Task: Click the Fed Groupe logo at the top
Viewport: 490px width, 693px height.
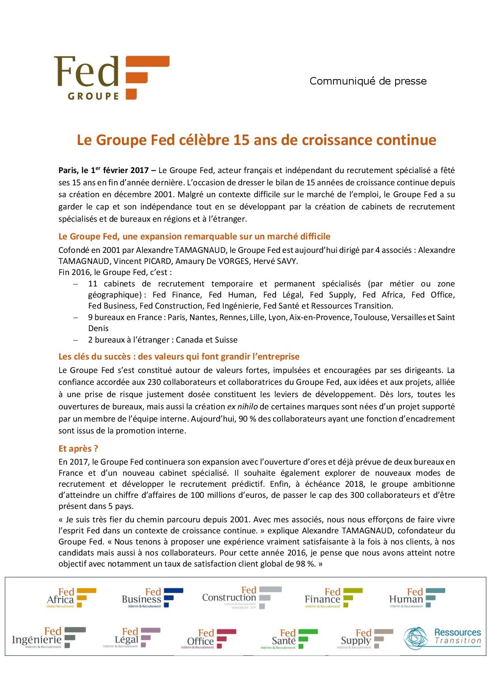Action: tap(112, 78)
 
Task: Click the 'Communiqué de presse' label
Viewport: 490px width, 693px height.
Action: tap(368, 81)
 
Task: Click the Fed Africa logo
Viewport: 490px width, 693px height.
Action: tap(72, 598)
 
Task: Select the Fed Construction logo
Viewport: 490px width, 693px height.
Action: tap(242, 598)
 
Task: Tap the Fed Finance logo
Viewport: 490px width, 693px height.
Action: tap(334, 598)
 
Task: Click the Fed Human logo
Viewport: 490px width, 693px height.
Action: tap(417, 598)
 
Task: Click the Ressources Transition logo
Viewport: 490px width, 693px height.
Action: tap(443, 637)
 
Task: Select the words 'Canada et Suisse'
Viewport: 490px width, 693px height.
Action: tap(207, 340)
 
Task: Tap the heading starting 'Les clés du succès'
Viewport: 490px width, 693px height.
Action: tap(179, 357)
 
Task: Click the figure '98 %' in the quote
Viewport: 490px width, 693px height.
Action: tap(304, 564)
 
